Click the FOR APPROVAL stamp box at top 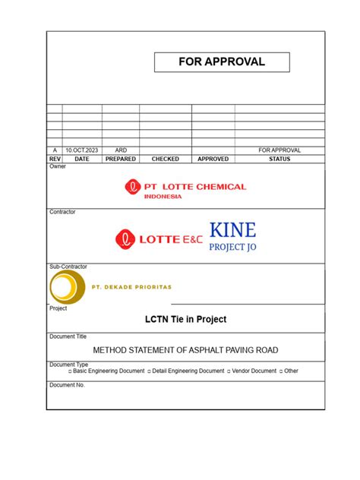(x=222, y=62)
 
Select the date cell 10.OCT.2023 (x=82, y=150)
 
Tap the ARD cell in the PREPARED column (x=121, y=150)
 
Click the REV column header (x=55, y=159)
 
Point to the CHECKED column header (x=166, y=159)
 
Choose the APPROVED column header (x=213, y=159)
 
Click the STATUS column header (x=279, y=159)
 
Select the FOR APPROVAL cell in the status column (x=279, y=150)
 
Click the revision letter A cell (x=55, y=150)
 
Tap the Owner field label (x=58, y=166)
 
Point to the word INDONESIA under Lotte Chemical (x=163, y=197)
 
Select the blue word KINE (x=232, y=230)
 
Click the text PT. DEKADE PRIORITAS (x=131, y=287)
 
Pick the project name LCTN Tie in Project (x=185, y=319)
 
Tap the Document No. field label (x=68, y=385)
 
